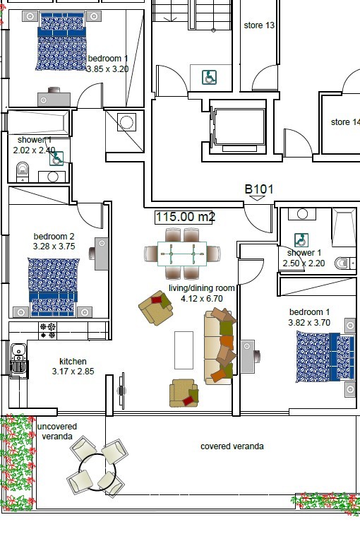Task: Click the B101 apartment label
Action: [x=259, y=189]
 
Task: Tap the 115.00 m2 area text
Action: [x=185, y=217]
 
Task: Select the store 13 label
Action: [x=259, y=25]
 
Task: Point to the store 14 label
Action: [x=345, y=122]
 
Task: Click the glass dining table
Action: [x=182, y=254]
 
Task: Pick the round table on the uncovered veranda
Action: [x=97, y=472]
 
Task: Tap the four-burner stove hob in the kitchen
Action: [x=48, y=331]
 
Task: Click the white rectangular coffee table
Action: [x=184, y=350]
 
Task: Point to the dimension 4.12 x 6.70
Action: [x=202, y=298]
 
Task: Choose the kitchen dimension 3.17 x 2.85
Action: [x=73, y=372]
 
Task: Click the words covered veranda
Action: [x=232, y=446]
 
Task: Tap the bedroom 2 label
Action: [x=54, y=237]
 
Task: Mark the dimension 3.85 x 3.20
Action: [x=107, y=69]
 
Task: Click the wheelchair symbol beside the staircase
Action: [x=210, y=77]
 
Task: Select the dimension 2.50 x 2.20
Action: [x=304, y=263]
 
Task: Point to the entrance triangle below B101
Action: [x=258, y=198]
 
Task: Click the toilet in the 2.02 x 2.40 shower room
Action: [x=23, y=171]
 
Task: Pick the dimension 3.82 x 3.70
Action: [x=309, y=323]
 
